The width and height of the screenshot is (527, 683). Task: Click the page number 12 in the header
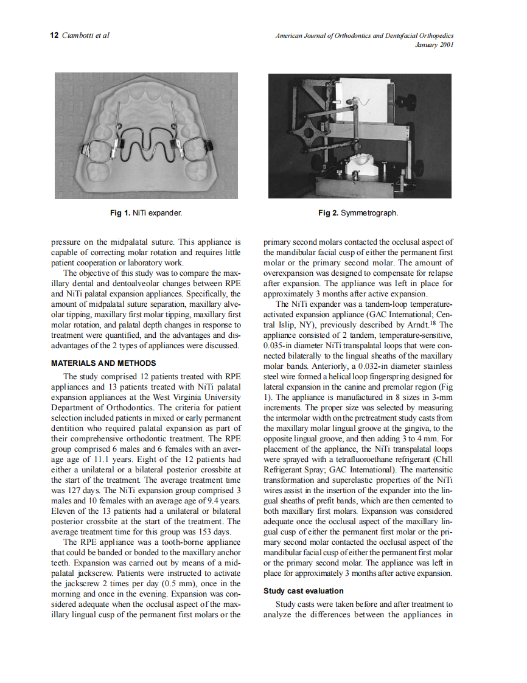(53, 35)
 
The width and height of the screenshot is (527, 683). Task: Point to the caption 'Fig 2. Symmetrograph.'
(358, 213)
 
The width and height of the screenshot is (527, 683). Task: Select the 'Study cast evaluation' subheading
(303, 590)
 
